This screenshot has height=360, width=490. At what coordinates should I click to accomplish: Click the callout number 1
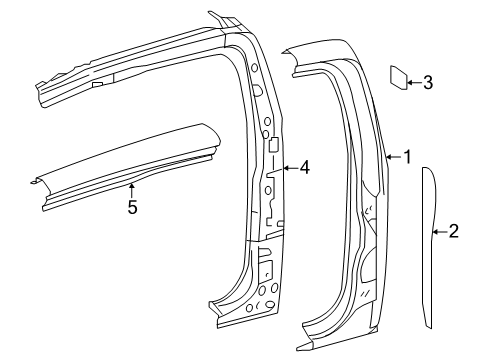point(407,157)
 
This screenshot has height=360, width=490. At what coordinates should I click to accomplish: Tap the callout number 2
point(454,231)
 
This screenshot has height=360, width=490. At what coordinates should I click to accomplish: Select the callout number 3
point(428,82)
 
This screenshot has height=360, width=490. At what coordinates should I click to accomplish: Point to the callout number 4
point(304,167)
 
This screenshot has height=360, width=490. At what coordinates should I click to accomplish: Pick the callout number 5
point(132,207)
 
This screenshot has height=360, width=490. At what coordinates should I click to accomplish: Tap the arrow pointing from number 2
point(440,231)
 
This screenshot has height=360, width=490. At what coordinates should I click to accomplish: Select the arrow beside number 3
point(414,82)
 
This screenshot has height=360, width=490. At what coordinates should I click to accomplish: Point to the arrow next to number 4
point(290,168)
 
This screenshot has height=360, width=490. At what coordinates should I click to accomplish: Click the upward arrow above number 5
point(132,190)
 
